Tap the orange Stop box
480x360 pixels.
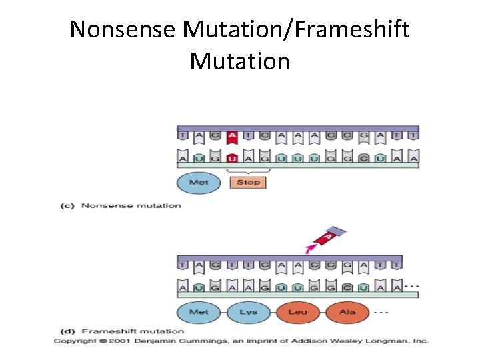coord(247,182)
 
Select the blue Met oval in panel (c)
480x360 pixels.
coord(199,182)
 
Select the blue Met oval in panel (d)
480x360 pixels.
coord(199,312)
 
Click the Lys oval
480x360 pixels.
coord(249,312)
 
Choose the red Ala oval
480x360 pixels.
coord(347,312)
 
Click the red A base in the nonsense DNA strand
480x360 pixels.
coord(232,136)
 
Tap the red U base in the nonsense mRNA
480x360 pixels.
coord(232,159)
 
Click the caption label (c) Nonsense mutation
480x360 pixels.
coord(121,205)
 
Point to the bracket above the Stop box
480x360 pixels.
coord(247,171)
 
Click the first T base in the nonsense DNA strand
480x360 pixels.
coord(183,136)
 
